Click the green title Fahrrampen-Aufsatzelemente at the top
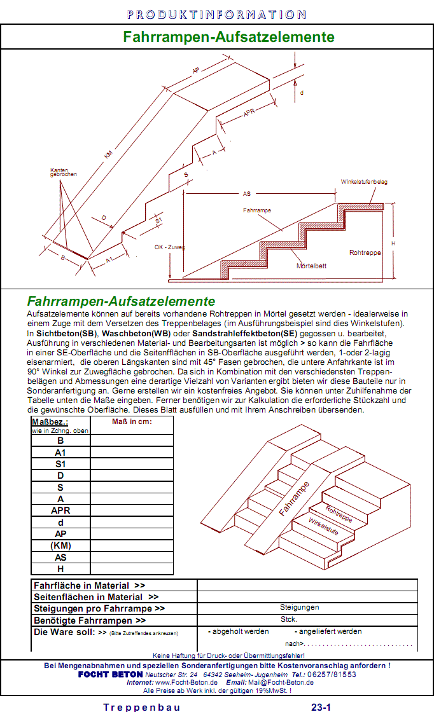[228, 37]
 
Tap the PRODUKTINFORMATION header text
[216, 14]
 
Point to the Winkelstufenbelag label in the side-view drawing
[364, 182]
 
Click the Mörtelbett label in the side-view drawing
[311, 266]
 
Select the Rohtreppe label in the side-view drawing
[365, 252]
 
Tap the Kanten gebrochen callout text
[64, 172]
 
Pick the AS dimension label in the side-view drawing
[247, 193]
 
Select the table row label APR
[60, 510]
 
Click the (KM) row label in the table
[60, 545]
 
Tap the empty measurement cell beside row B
[132, 440]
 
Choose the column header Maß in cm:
[132, 421]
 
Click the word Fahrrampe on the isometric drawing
[295, 498]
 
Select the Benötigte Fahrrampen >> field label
[90, 620]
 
